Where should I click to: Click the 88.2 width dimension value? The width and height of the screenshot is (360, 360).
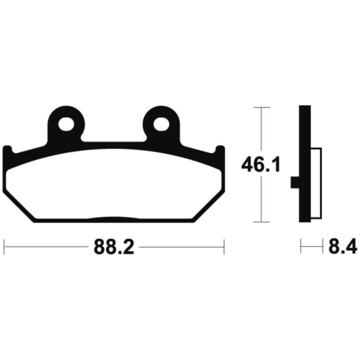tap(114, 247)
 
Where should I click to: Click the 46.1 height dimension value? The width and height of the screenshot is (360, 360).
tap(261, 164)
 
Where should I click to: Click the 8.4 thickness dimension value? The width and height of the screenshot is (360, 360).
tap(343, 246)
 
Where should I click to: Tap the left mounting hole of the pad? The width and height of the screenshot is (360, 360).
tap(66, 124)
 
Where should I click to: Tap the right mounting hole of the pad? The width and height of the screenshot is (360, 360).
tap(161, 124)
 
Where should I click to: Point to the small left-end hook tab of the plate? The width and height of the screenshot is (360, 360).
tap(7, 149)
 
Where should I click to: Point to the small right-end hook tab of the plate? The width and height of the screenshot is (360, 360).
tap(220, 149)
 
